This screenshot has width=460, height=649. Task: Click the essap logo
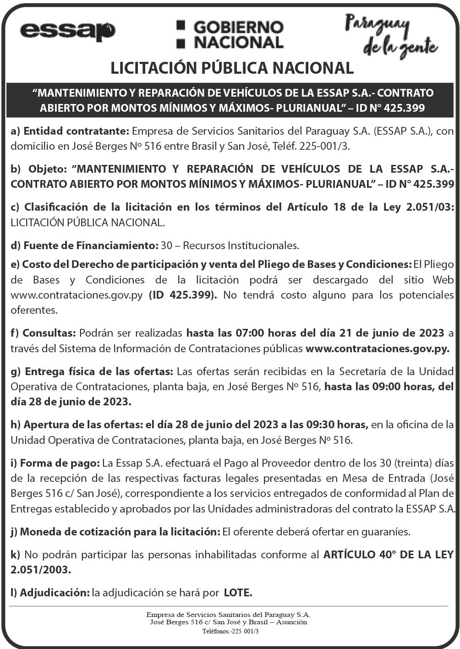(x=67, y=31)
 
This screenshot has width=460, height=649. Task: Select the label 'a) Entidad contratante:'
(x=71, y=131)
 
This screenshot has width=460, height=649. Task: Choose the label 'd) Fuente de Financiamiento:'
(x=85, y=245)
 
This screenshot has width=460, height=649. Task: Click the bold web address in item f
(x=377, y=348)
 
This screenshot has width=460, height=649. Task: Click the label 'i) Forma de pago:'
(x=55, y=463)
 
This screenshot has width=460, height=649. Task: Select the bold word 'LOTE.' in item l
(x=238, y=593)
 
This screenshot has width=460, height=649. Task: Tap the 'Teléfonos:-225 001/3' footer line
(x=230, y=631)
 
